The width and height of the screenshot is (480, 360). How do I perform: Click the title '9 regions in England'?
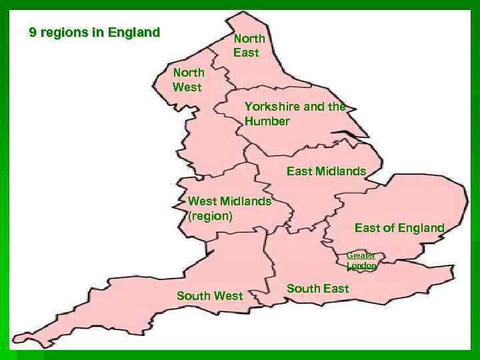(95, 32)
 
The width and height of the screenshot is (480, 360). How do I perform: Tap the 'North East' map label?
(249, 45)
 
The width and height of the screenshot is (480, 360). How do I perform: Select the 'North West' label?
(188, 79)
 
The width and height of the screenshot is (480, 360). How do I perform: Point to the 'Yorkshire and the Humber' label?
(294, 113)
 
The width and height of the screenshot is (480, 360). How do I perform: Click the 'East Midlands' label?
(326, 171)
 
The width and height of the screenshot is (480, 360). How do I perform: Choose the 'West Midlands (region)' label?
(229, 208)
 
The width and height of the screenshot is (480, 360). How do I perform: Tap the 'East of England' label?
(399, 228)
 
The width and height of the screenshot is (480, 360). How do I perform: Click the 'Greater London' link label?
(361, 260)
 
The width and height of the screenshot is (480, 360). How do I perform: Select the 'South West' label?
(209, 295)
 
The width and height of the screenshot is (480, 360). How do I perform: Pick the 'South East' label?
(317, 288)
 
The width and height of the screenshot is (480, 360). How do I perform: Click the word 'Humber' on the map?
(267, 121)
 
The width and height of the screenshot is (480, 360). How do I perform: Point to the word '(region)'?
(210, 216)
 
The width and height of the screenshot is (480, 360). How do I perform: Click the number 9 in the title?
(33, 32)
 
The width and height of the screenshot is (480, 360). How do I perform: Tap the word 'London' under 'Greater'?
(361, 265)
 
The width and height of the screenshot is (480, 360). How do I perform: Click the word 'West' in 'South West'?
(229, 295)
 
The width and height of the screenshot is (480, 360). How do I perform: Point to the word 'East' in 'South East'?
(335, 288)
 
